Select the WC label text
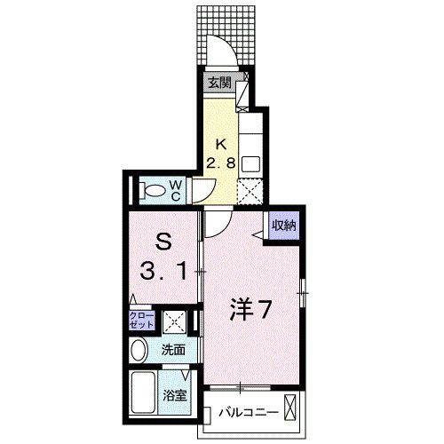point(177,189)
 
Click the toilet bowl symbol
point(153,189)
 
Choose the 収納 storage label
point(284,225)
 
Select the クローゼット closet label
point(143,321)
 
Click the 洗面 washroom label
point(173,350)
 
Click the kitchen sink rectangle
point(250,163)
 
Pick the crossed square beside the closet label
point(174,321)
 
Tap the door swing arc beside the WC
point(203,189)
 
